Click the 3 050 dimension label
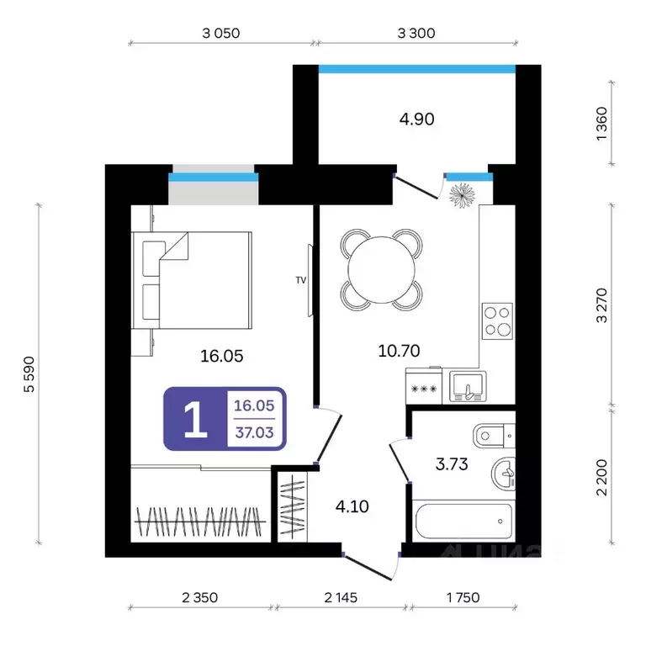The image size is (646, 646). (x=221, y=33)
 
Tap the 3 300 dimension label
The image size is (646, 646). (x=416, y=33)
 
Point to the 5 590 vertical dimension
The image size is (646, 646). (x=29, y=374)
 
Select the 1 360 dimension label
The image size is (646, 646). (x=602, y=124)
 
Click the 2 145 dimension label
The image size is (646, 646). (x=341, y=597)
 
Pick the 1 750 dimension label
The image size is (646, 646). (x=463, y=597)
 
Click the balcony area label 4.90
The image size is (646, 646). (x=416, y=119)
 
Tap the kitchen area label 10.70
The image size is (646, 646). (x=399, y=351)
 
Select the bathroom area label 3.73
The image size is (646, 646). (x=452, y=464)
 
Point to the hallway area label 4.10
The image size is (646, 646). (x=352, y=506)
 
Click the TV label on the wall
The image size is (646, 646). (x=301, y=280)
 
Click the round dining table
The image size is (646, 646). (x=382, y=270)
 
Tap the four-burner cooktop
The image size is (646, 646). (x=497, y=321)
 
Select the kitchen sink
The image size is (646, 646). (x=468, y=387)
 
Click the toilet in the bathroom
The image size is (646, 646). (x=494, y=436)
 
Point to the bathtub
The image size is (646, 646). (x=463, y=521)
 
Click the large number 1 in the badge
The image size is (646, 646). (x=195, y=419)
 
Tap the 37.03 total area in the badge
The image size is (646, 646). (x=254, y=432)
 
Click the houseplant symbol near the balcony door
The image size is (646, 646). (x=462, y=195)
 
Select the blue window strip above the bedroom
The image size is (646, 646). (x=214, y=177)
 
